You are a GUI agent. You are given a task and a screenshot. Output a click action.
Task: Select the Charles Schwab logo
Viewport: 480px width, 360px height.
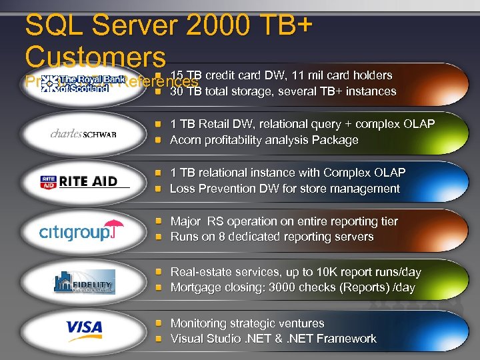pos(83,133)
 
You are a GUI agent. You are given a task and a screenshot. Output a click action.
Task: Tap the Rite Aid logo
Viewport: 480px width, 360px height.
pos(83,181)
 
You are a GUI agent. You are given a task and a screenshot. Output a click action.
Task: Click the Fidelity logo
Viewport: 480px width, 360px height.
pos(84,281)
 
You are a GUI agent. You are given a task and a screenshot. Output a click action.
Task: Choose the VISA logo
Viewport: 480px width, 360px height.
pos(84,327)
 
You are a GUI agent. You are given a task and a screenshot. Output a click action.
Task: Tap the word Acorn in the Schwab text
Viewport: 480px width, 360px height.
pos(185,140)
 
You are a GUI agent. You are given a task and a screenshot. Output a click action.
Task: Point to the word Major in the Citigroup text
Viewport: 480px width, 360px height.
pos(186,221)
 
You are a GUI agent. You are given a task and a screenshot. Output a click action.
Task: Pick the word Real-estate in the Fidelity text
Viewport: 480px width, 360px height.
pos(201,272)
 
